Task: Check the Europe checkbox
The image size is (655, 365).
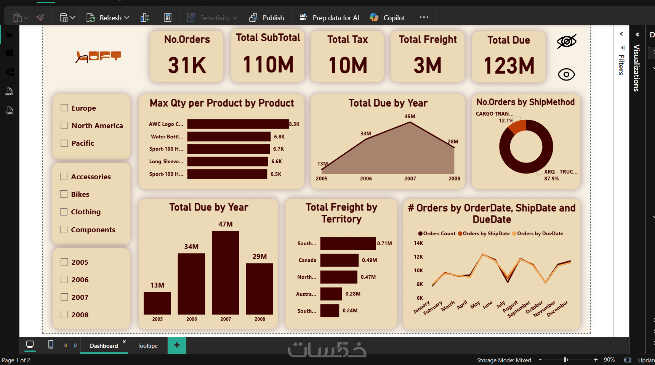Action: pyautogui.click(x=64, y=108)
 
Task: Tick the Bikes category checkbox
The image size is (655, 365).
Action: pyautogui.click(x=64, y=194)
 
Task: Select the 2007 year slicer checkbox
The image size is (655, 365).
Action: pyautogui.click(x=64, y=297)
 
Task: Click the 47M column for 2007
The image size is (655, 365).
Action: pyautogui.click(x=226, y=272)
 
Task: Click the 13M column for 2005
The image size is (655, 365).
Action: pyautogui.click(x=157, y=303)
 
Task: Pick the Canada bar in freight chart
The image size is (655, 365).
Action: pyautogui.click(x=340, y=260)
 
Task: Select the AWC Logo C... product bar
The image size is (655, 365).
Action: pyautogui.click(x=238, y=124)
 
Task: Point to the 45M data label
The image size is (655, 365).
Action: pyautogui.click(x=410, y=116)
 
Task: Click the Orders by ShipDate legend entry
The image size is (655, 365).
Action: pyautogui.click(x=484, y=233)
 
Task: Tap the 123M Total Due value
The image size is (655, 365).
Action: pyautogui.click(x=509, y=66)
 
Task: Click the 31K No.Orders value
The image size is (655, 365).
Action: pyautogui.click(x=187, y=65)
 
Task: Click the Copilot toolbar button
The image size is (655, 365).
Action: pyautogui.click(x=388, y=18)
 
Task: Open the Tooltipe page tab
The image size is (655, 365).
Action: pyautogui.click(x=147, y=346)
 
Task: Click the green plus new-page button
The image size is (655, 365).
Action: pyautogui.click(x=177, y=345)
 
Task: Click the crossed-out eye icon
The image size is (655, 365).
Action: pyautogui.click(x=567, y=41)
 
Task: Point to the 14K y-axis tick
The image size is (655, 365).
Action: pyautogui.click(x=418, y=243)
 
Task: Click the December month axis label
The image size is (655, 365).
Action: pyautogui.click(x=557, y=309)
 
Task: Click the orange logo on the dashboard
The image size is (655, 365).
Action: pyautogui.click(x=98, y=57)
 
